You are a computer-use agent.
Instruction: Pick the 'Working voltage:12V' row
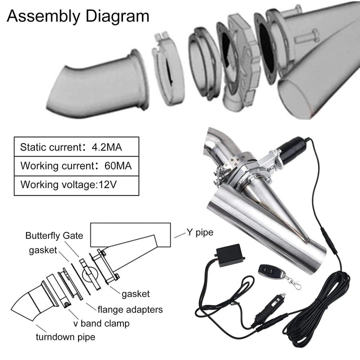click(68, 184)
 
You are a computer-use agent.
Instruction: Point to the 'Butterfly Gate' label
click(54, 235)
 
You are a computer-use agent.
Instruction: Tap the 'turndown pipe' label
click(66, 336)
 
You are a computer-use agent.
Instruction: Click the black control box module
click(231, 256)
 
